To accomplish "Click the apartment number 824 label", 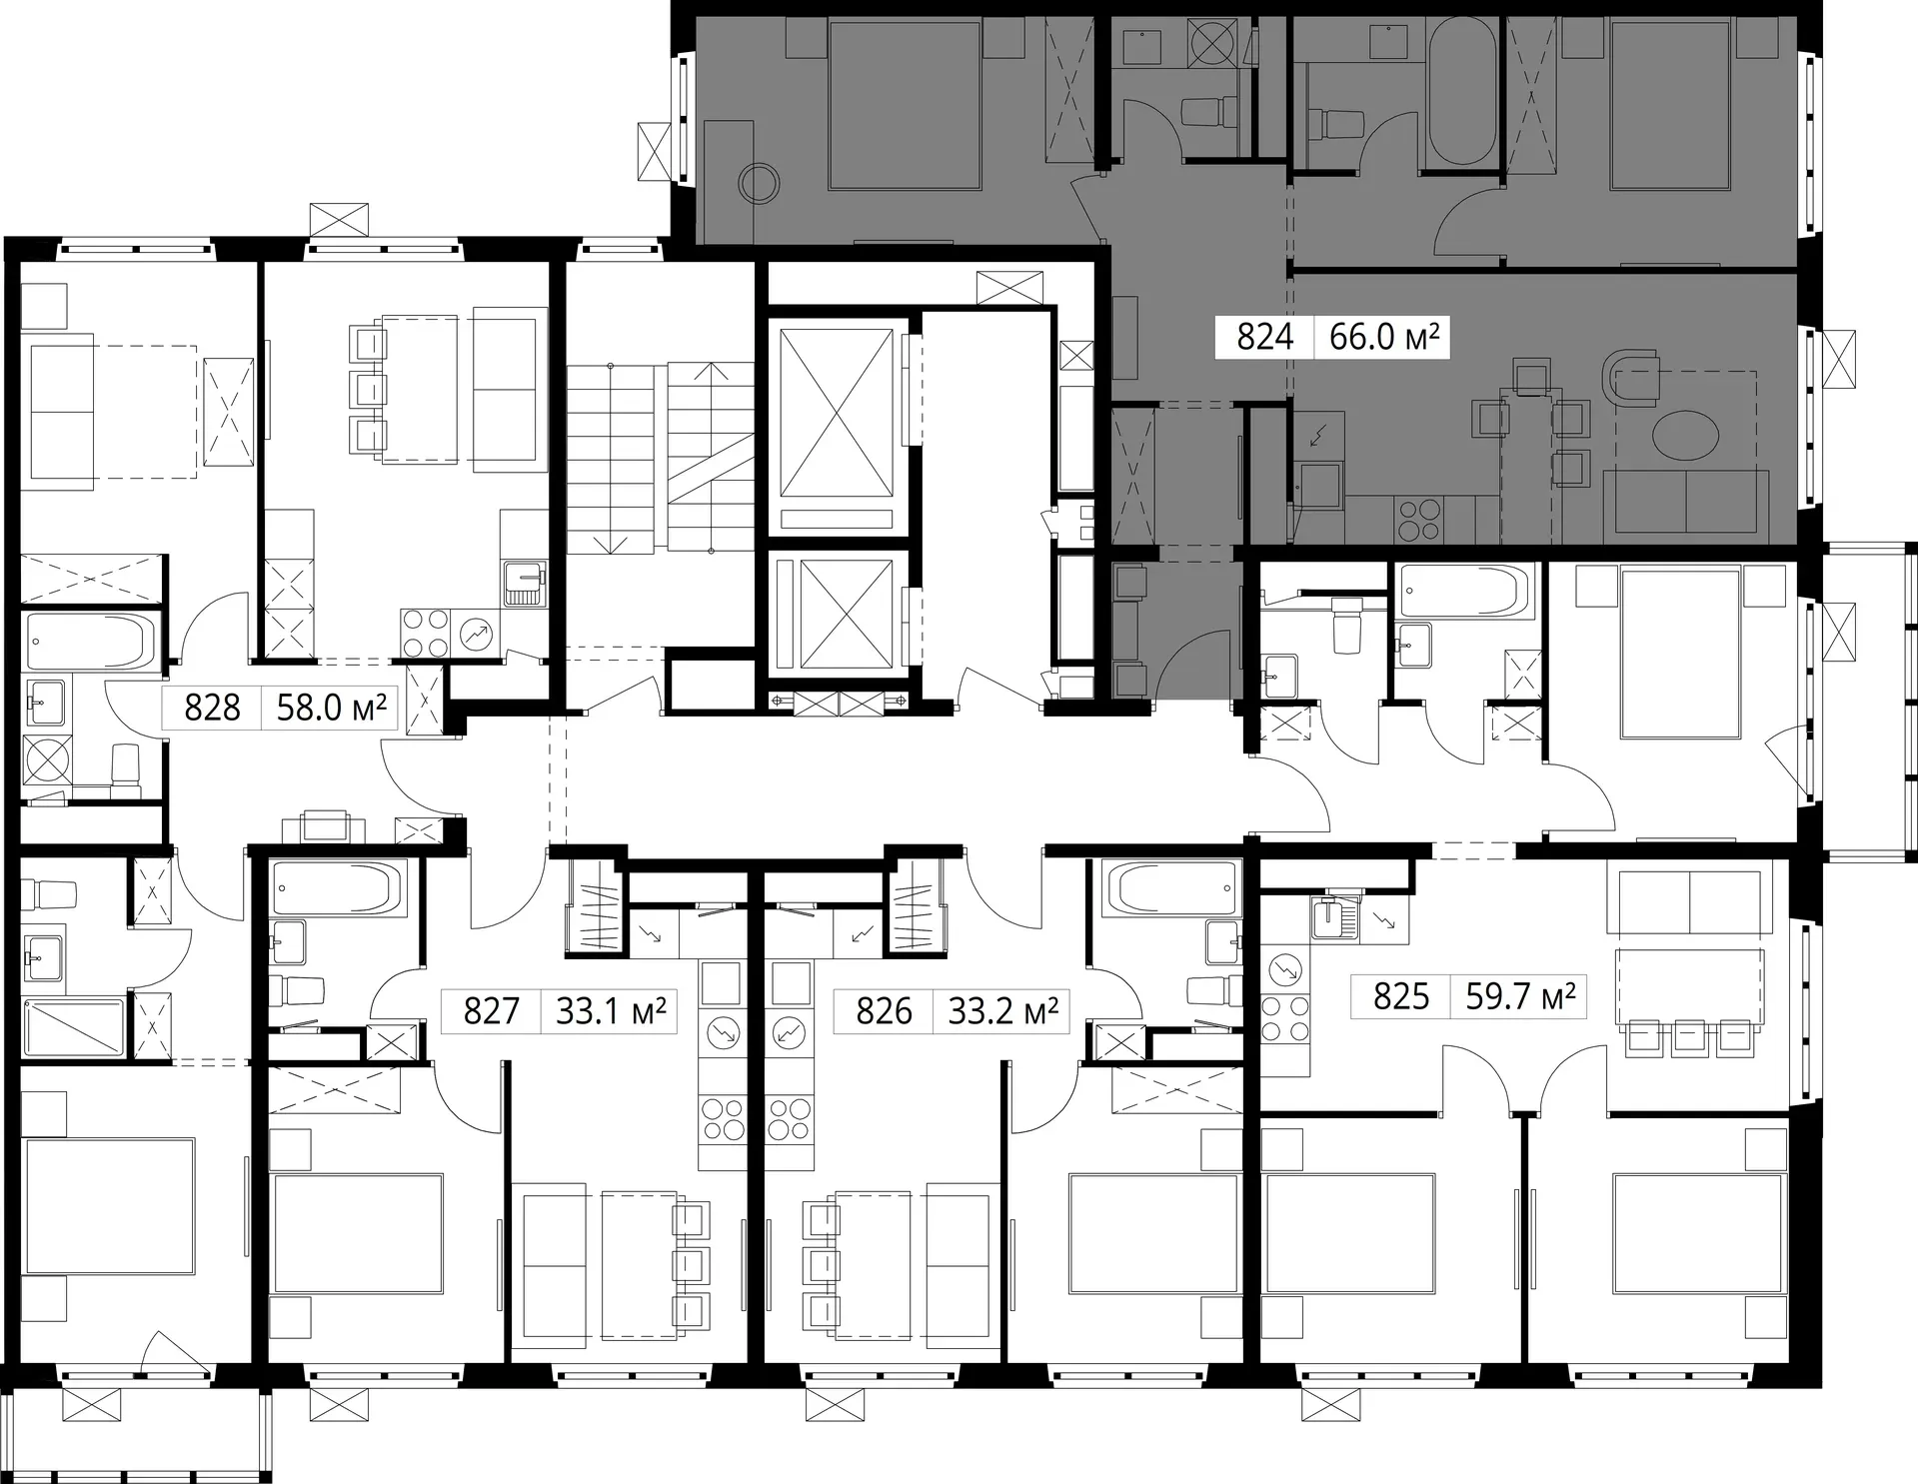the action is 1264,338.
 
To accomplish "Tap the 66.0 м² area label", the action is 1384,337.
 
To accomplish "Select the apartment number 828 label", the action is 212,708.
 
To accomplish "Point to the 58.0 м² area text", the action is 331,708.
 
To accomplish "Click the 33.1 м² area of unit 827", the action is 611,1011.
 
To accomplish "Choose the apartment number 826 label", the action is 884,1011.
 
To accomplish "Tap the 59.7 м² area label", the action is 1520,996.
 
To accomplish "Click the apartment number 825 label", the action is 1401,996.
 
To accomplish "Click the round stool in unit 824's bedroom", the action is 759,183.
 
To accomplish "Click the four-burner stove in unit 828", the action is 426,634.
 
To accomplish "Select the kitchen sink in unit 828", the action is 523,583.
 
